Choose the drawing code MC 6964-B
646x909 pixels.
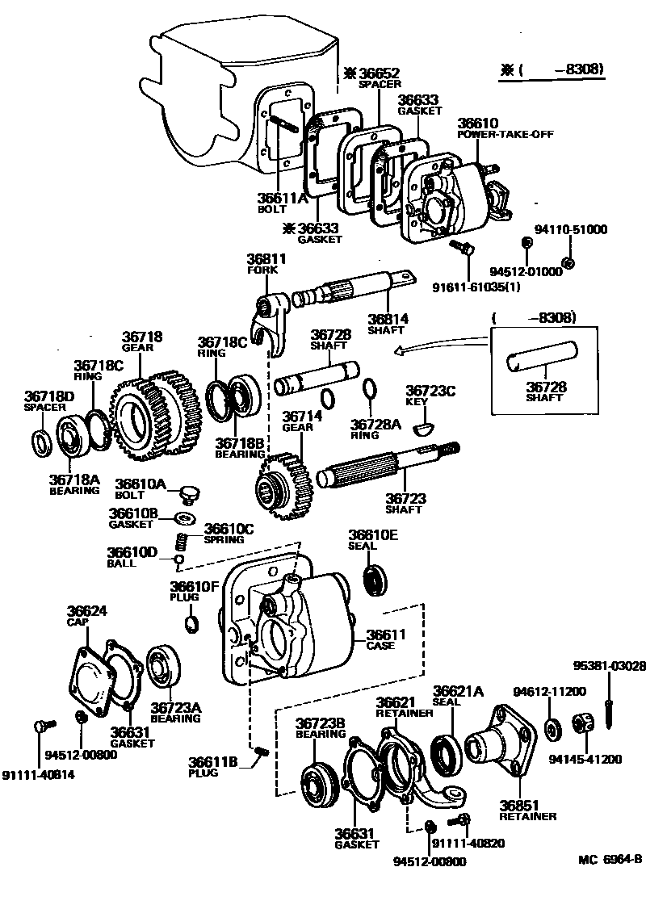[610, 859]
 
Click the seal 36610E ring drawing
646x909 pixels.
[375, 580]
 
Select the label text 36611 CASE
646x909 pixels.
[385, 640]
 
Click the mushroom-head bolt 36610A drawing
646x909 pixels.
[191, 492]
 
